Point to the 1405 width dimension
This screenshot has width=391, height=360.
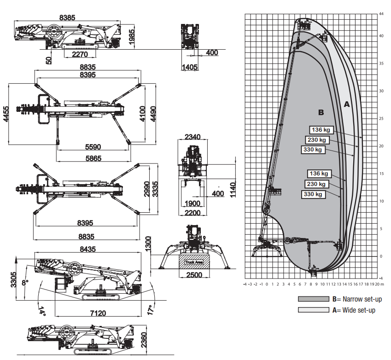click(189, 67)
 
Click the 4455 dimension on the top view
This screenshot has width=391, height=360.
click(6, 113)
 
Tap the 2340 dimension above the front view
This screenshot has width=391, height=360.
click(193, 137)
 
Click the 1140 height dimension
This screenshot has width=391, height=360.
click(233, 188)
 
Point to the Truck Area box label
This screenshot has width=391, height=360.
click(194, 261)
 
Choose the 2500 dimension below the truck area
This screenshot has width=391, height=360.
click(194, 275)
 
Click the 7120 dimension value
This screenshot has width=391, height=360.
click(98, 314)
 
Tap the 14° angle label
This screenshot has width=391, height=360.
click(42, 312)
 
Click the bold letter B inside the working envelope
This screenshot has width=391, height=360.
click(321, 112)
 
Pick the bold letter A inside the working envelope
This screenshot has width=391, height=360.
click(347, 105)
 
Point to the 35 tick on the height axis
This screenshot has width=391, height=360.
click(381, 63)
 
